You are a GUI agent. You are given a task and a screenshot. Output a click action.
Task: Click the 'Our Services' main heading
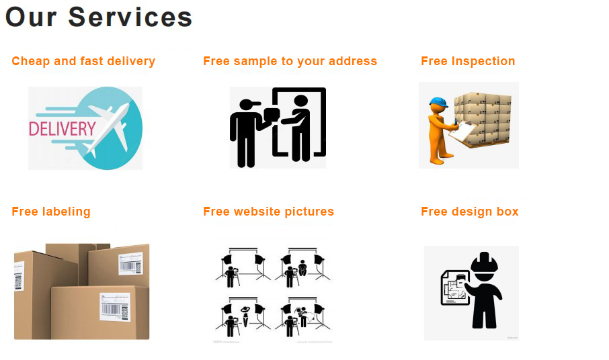[x=99, y=17]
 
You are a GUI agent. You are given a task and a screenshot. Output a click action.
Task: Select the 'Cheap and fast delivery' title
[x=83, y=61]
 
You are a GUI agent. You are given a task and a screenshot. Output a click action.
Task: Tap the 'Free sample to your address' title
[x=290, y=61]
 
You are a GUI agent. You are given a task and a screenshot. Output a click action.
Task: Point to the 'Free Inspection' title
[x=468, y=61]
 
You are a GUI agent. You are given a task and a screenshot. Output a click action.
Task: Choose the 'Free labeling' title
[x=51, y=212]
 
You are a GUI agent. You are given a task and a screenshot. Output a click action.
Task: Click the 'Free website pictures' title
[x=268, y=212]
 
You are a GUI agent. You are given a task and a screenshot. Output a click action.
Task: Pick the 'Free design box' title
[x=470, y=212]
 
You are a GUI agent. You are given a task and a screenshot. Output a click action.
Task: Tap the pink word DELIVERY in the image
[x=63, y=128]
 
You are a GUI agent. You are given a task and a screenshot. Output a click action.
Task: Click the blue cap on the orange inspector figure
[x=438, y=103]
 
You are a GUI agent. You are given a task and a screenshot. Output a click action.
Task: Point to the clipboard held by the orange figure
[x=463, y=132]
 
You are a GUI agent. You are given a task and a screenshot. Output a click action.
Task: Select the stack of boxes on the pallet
[x=483, y=118]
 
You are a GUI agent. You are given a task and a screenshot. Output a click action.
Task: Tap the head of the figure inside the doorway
[x=300, y=101]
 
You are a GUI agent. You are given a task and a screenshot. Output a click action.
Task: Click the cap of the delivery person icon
[x=250, y=104]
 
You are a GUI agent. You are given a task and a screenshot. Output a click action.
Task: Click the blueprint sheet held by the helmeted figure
[x=455, y=287]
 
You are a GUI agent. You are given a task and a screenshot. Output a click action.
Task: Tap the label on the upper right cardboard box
[x=130, y=263]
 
